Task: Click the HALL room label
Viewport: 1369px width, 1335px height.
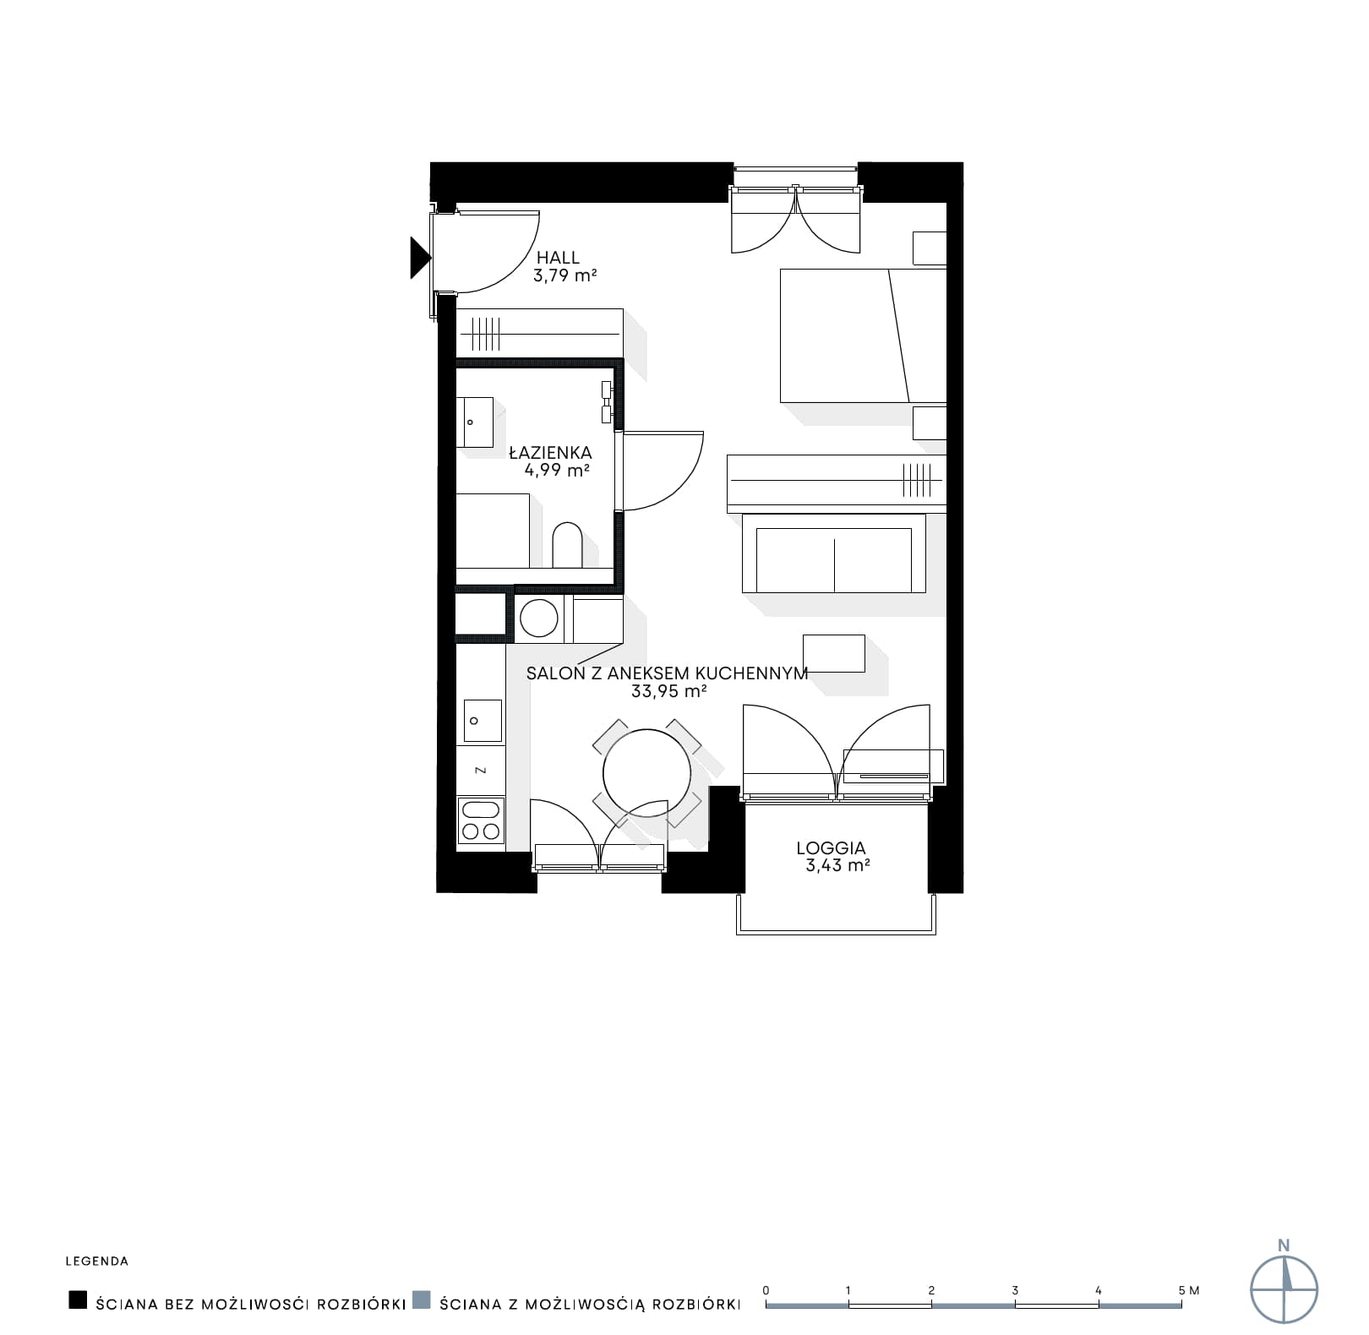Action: pos(559,257)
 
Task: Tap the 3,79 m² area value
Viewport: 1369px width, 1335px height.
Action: pos(565,275)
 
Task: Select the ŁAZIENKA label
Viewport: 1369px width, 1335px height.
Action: pos(550,453)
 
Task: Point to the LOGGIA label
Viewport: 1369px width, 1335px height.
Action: pos(832,847)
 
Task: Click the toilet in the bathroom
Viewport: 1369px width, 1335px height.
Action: pos(567,546)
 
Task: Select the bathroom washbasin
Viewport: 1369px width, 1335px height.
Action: pos(475,422)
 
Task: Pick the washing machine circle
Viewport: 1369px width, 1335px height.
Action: pos(539,618)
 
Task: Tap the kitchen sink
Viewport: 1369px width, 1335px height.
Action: pos(480,721)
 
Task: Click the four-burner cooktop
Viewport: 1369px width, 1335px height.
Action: pos(481,820)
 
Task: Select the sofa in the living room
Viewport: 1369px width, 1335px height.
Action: pos(834,553)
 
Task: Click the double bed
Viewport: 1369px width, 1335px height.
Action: pos(863,335)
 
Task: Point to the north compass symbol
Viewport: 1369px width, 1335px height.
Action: pos(1284,1289)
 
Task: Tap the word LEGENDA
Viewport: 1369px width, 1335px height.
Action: pos(97,1261)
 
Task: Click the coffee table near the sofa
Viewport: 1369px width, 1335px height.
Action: pos(834,653)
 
